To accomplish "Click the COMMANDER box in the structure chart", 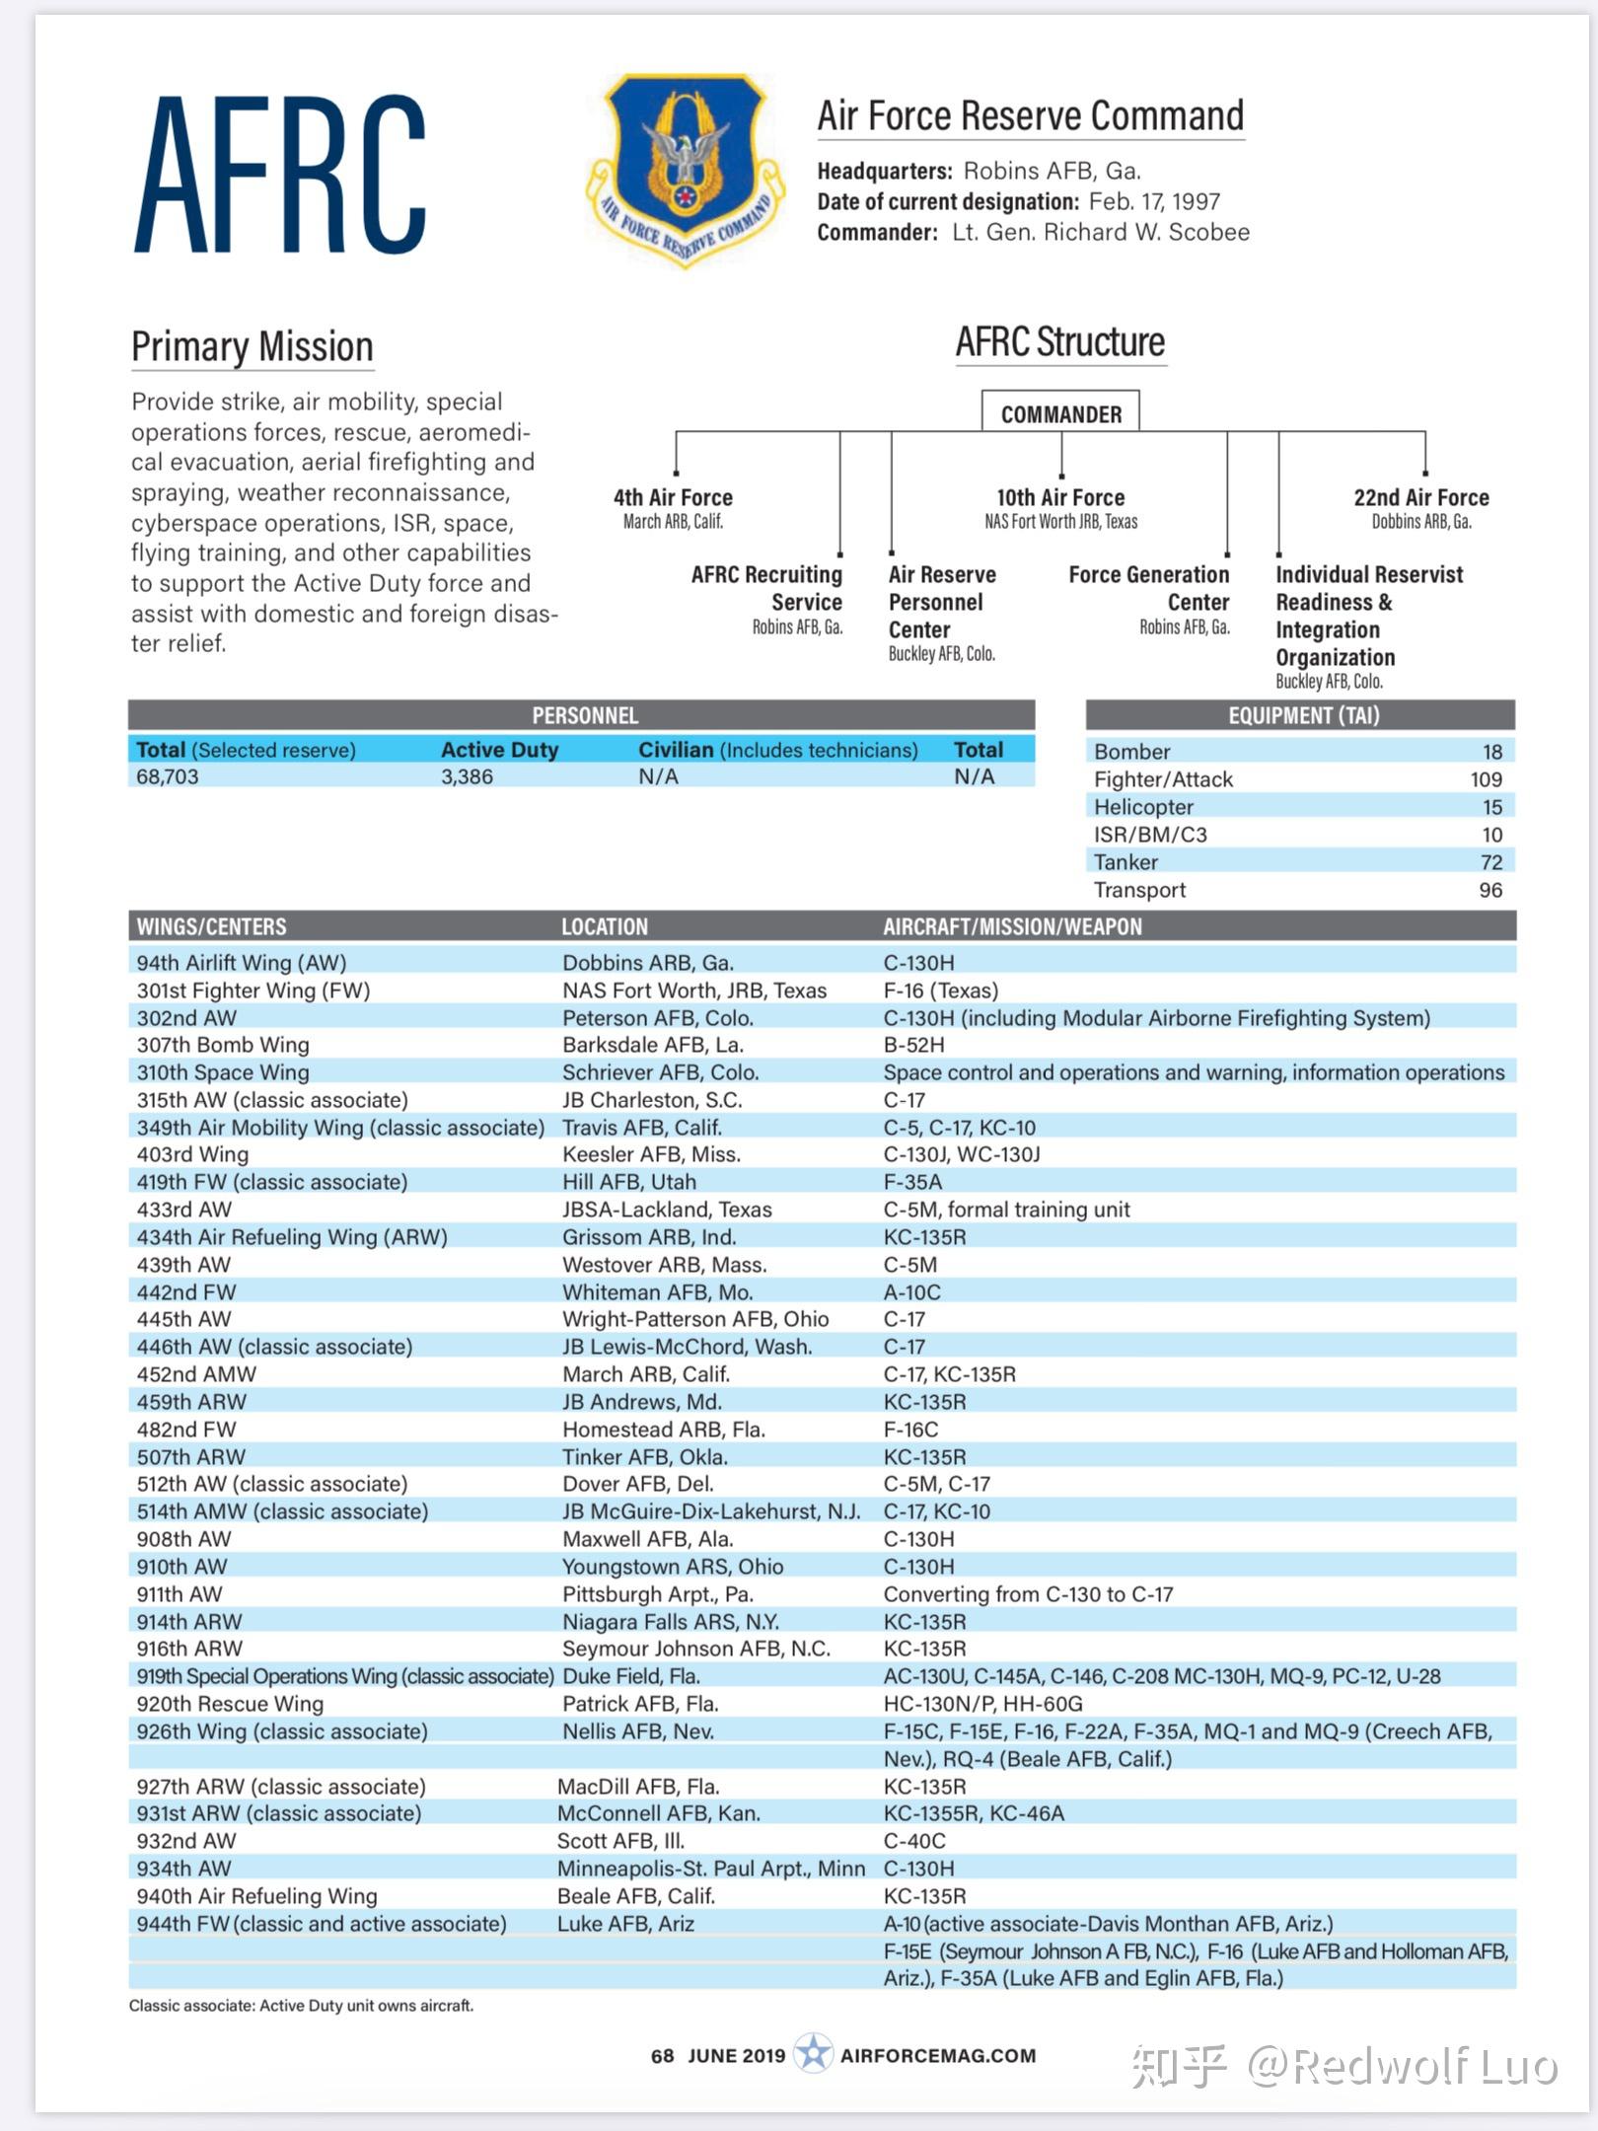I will (x=1060, y=413).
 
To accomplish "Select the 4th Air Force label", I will (x=673, y=497).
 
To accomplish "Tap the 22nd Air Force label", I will (x=1420, y=497).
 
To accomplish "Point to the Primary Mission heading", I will (x=253, y=347).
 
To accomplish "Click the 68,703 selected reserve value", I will (x=168, y=777).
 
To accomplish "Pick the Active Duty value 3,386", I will (x=467, y=777).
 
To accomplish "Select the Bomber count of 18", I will (x=1491, y=752).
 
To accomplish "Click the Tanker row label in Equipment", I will (x=1126, y=862).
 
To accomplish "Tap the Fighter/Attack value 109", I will (x=1486, y=779).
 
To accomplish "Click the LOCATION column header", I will (x=605, y=926).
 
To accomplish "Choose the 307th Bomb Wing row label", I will (x=223, y=1045).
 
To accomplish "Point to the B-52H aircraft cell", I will (x=913, y=1045).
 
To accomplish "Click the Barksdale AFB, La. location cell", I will (x=653, y=1045).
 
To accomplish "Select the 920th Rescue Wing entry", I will (x=230, y=1704).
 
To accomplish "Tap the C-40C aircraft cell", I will (x=914, y=1841).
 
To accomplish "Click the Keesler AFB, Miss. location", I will (x=651, y=1154).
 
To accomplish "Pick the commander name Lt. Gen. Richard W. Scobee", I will (x=1100, y=233).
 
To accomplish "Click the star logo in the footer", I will (x=813, y=2053).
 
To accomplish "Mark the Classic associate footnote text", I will (x=301, y=2006).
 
